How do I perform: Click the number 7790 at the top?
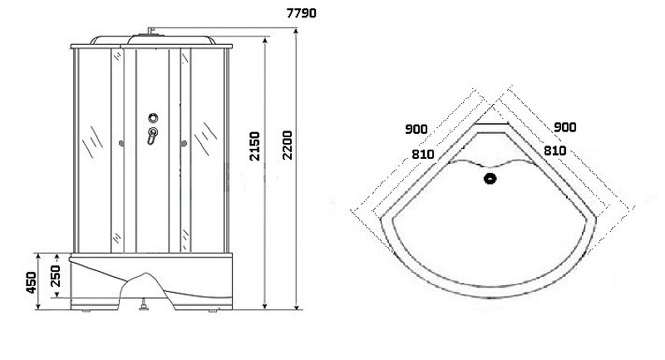click(301, 13)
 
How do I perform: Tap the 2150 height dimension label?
click(254, 146)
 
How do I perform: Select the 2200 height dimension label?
click(287, 145)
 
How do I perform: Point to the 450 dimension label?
click(31, 283)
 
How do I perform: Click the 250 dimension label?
click(55, 276)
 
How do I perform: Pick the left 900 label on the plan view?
click(416, 129)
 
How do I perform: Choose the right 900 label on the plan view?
click(565, 126)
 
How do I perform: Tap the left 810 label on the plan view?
click(423, 154)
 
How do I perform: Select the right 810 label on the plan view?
click(554, 150)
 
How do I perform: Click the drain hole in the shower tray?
click(490, 179)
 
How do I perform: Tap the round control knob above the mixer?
click(153, 118)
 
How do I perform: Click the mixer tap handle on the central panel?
click(152, 136)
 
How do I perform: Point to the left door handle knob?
click(121, 143)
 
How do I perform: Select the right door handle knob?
click(184, 144)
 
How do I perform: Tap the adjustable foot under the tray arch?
click(144, 304)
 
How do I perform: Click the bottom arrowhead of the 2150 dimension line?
click(265, 305)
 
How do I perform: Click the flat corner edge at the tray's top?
click(490, 124)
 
